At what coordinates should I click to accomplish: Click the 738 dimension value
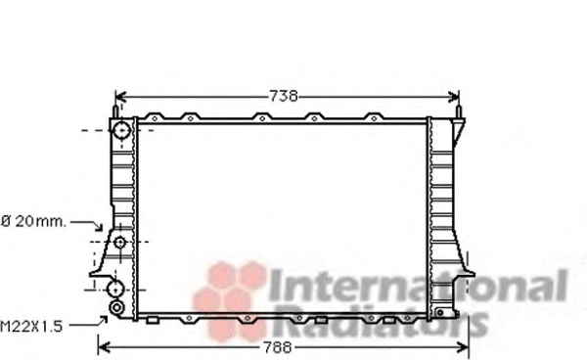[x=284, y=96]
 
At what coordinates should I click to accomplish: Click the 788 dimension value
[x=278, y=347]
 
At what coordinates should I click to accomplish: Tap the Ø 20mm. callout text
[x=33, y=221]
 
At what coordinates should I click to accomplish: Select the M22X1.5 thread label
[x=31, y=327]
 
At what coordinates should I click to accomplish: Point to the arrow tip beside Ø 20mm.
[x=101, y=230]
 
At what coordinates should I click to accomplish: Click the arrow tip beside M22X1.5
[x=107, y=317]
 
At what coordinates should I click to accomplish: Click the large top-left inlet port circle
[x=121, y=130]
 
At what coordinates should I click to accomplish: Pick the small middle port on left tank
[x=119, y=243]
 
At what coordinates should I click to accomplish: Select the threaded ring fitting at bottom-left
[x=116, y=308]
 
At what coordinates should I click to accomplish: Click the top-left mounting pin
[x=115, y=112]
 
